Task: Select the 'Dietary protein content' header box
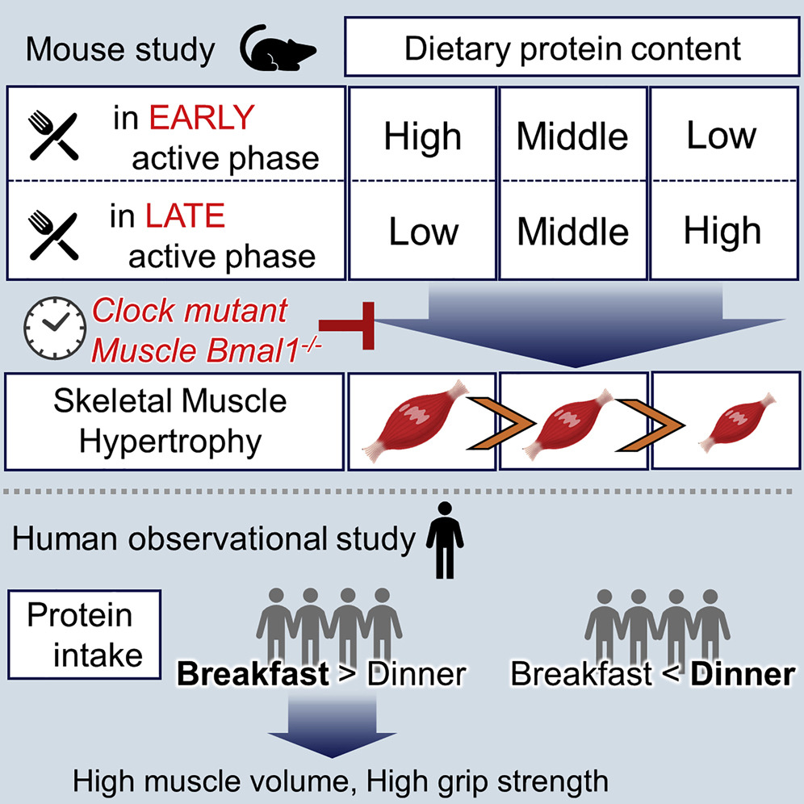pos(572,50)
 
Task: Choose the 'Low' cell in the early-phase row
pos(721,135)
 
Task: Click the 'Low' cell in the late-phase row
pos(422,232)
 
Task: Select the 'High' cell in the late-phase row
pos(721,232)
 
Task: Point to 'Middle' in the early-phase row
pos(572,136)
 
